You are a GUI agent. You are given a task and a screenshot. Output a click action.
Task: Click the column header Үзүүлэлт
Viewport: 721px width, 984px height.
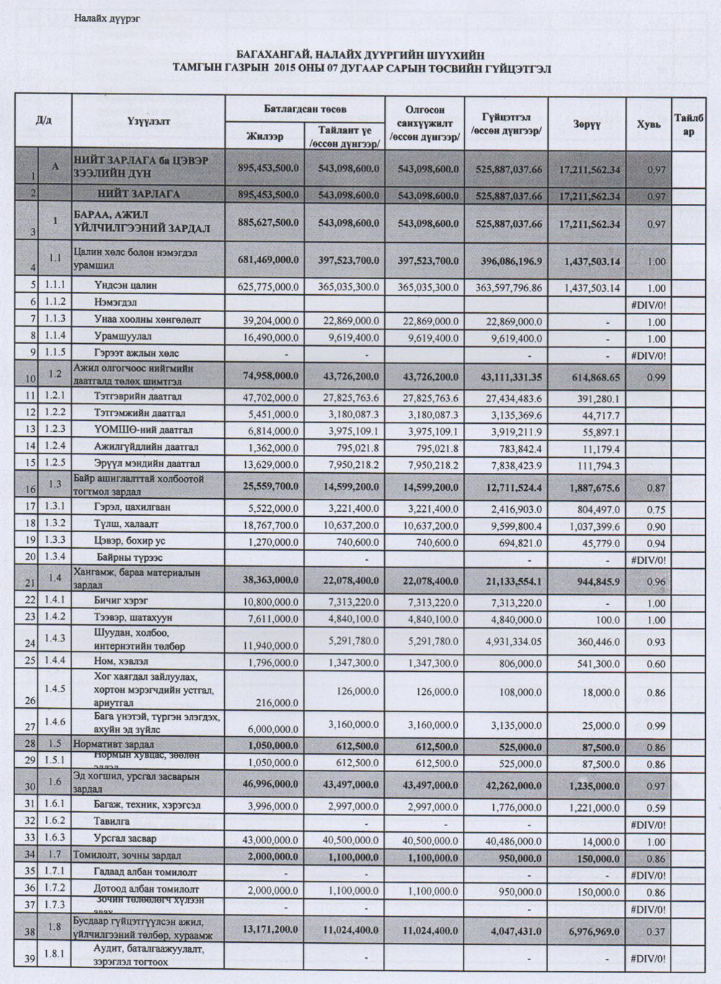(149, 121)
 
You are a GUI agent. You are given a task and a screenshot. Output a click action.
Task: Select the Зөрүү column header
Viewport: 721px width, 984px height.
(587, 124)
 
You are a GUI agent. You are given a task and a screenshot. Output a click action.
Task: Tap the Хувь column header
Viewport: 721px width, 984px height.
(648, 124)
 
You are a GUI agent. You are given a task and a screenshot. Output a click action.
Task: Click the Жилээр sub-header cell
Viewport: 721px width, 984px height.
(265, 136)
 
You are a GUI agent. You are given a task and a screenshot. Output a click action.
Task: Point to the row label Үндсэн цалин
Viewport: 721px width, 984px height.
(125, 285)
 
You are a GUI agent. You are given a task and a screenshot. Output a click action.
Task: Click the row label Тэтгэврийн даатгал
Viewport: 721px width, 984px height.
(138, 396)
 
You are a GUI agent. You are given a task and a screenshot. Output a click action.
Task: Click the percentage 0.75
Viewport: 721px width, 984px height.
(656, 510)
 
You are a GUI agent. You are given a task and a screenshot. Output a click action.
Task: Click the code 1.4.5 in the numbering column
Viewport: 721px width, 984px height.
(55, 689)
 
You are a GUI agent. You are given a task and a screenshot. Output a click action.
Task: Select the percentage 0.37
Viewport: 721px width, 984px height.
(656, 931)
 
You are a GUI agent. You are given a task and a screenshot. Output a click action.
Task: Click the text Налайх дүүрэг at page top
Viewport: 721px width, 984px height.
(107, 18)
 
